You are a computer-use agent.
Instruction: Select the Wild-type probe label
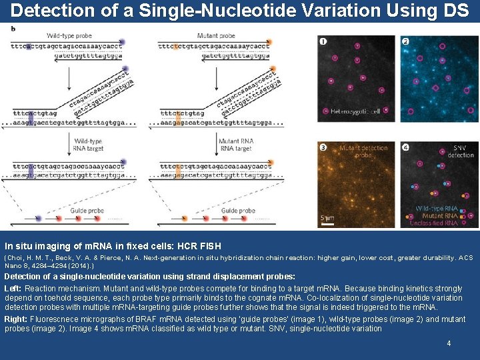pos(70,35)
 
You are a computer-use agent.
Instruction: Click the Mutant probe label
pos(217,35)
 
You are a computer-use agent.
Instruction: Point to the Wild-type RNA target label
pos(88,145)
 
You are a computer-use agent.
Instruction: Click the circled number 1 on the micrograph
pos(323,41)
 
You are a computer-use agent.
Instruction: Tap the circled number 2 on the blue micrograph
pos(405,41)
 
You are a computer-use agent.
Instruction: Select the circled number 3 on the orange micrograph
pos(323,147)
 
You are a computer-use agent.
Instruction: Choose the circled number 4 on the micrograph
pos(405,147)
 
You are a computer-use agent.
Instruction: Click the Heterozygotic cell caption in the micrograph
pos(355,111)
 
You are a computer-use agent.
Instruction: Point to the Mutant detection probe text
pos(363,151)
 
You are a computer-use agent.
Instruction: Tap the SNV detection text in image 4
pos(459,151)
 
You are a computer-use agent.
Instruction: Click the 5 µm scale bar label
pos(327,218)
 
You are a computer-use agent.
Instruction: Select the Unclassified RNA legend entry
pos(433,223)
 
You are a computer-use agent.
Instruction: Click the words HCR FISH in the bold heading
pos(196,246)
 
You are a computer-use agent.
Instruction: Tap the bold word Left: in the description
pos(13,287)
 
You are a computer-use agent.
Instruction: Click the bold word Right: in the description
pos(16,319)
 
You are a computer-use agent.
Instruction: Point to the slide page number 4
pos(449,343)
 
